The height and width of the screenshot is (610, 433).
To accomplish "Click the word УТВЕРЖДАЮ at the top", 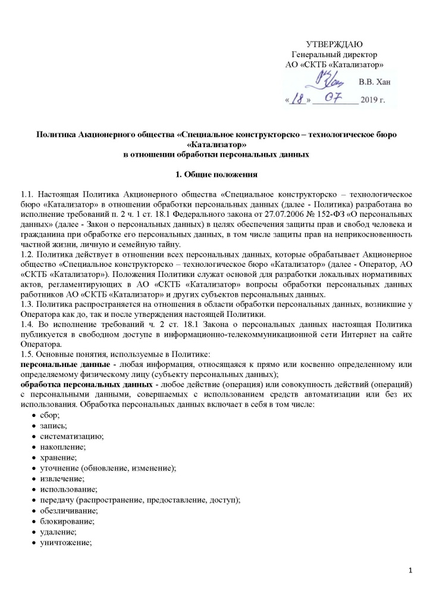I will tap(334, 45).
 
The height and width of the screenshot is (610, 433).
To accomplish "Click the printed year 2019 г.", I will tap(372, 100).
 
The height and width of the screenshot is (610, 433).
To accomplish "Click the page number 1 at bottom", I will tap(411, 572).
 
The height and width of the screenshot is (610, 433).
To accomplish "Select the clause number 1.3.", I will tap(27, 306).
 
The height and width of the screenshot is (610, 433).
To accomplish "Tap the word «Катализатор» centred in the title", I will tap(215, 145).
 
